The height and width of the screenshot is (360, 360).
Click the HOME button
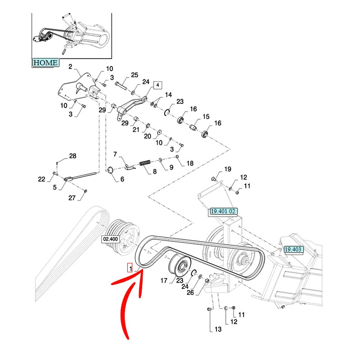point(45,63)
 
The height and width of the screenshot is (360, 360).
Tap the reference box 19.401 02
point(222,211)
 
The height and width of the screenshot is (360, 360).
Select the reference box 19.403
point(293,249)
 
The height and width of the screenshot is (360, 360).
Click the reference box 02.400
point(111,239)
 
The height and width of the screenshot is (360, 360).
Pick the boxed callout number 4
point(157,85)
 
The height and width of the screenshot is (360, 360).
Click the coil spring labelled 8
point(144,162)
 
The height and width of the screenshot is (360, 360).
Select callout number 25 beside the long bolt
point(135,75)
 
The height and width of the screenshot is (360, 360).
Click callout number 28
point(73,156)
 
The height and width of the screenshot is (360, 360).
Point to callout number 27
point(72,198)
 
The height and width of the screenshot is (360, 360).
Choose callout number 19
point(228,169)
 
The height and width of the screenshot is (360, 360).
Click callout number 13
point(218,329)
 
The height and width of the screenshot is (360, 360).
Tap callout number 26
point(190,292)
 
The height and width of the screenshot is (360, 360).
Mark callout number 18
point(190,163)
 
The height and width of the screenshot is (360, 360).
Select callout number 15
point(206,117)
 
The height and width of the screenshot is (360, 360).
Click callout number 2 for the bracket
point(70,67)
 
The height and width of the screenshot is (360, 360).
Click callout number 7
point(115,154)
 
